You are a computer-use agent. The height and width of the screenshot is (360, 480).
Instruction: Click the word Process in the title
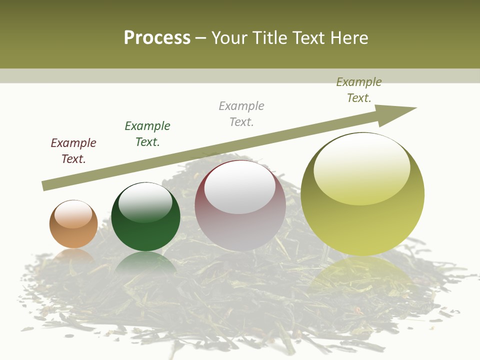point(157,38)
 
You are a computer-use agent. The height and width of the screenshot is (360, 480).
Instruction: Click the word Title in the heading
point(270,38)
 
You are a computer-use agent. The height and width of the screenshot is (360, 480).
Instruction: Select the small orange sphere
point(73,224)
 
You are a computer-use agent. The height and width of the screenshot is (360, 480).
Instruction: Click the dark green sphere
point(145,217)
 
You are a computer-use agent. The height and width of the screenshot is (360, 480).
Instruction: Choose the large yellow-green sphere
point(362,194)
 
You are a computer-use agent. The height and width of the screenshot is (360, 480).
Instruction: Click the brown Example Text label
point(73,151)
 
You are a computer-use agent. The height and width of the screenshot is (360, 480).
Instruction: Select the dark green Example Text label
point(147,134)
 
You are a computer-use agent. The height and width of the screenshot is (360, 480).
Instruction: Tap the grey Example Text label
point(241,114)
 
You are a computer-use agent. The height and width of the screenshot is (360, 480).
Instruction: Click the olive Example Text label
point(359,90)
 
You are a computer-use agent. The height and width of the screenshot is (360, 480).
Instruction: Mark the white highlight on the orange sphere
point(73,214)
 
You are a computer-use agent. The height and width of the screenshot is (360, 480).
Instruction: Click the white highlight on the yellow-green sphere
point(361,168)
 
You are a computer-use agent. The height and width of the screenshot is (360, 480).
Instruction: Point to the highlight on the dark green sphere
point(145,202)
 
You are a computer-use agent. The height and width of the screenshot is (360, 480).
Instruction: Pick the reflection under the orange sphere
point(73,255)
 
